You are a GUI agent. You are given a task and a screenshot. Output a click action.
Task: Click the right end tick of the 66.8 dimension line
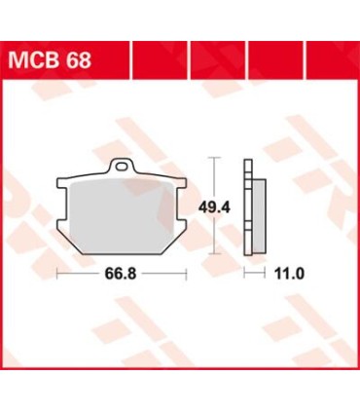tap(185, 275)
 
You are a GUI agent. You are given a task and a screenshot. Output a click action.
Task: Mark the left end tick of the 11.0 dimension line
tap(243, 275)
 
